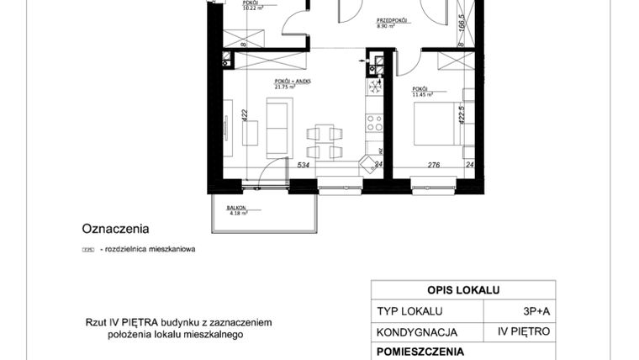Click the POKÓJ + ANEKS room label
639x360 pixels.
tap(293, 82)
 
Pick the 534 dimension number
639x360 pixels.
tap(304, 165)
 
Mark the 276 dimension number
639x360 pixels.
tap(435, 165)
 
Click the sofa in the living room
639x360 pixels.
tap(277, 126)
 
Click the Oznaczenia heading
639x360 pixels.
tap(115, 228)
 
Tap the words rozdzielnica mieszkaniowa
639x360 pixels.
tap(147, 249)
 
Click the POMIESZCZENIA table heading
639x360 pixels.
tap(420, 352)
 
